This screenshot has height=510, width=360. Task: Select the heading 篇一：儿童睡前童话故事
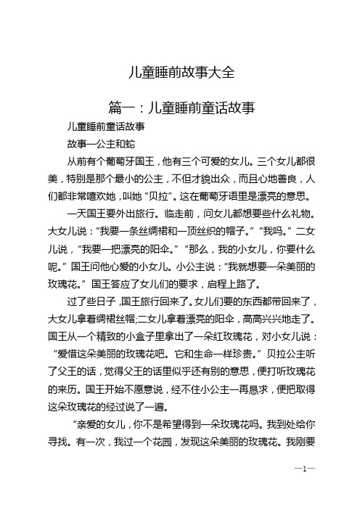coord(179,108)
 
